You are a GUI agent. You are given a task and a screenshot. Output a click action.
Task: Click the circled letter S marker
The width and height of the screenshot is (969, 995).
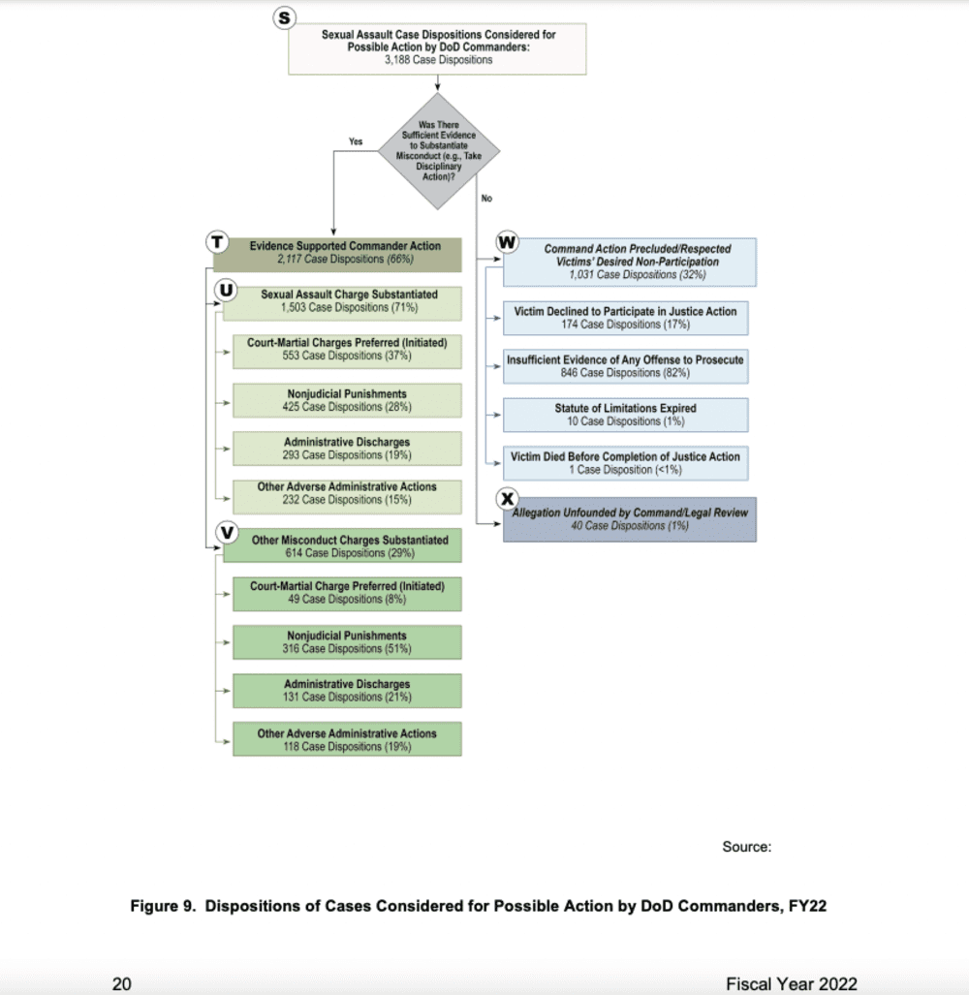coord(283,18)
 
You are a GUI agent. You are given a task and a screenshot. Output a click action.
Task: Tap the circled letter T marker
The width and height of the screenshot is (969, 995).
coord(217,243)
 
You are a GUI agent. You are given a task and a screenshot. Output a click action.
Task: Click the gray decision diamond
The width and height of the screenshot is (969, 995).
coord(439,150)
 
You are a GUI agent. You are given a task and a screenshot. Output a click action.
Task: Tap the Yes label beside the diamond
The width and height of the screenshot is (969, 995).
coord(355,141)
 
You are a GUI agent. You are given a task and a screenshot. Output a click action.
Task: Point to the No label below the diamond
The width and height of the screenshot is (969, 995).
coord(486,199)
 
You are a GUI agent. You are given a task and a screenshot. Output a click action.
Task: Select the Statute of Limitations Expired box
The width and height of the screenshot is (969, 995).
coord(625,415)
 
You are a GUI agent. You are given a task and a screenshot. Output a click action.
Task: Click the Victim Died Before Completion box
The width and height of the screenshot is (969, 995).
coord(625,463)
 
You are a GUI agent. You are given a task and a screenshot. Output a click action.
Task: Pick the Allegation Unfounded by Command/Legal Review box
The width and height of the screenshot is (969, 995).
coord(630,518)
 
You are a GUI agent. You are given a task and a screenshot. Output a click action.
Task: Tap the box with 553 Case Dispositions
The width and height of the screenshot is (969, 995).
coord(346,349)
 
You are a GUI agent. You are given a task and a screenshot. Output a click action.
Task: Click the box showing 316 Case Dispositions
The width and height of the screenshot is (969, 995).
coord(346,642)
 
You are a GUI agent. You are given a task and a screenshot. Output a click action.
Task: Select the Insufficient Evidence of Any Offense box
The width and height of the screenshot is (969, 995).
coord(625,366)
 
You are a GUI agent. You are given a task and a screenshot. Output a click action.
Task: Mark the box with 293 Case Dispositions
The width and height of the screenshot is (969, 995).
coord(346,448)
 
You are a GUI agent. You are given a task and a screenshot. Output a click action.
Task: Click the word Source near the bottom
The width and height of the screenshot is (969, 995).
coord(746,847)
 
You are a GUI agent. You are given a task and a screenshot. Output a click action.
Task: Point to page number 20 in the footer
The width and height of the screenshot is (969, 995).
coord(122,983)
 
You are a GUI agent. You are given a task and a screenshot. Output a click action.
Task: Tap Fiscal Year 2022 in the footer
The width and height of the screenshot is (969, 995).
coord(791,983)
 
